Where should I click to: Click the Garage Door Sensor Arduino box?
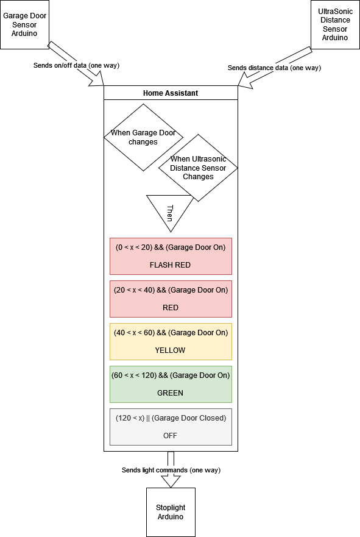[24, 24]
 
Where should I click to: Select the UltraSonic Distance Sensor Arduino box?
[334, 24]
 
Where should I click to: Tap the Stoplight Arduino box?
[171, 512]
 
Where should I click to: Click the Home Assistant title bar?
[171, 93]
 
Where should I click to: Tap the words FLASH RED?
[171, 265]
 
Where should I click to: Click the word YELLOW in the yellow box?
[171, 350]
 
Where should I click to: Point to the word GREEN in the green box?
[171, 393]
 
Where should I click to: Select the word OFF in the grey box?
[171, 436]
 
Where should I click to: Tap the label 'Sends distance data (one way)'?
[274, 68]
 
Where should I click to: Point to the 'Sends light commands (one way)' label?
[171, 470]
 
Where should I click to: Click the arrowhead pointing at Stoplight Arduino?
[171, 482]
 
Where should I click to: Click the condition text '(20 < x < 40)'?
[134, 290]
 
